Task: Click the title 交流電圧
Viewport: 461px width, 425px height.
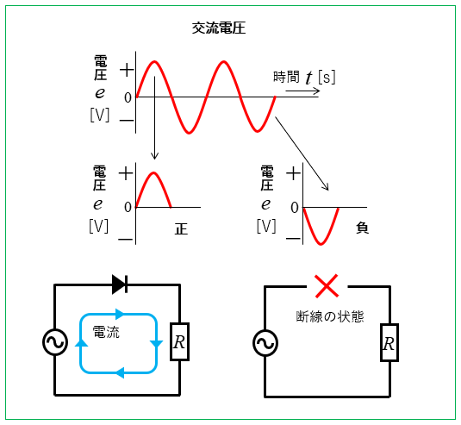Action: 219,28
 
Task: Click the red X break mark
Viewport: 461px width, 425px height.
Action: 327,286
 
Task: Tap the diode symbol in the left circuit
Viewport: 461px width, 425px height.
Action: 120,284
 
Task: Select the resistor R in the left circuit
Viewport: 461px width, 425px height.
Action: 179,341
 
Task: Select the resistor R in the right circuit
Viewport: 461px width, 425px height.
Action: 389,342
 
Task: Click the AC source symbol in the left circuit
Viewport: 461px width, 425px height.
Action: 55,342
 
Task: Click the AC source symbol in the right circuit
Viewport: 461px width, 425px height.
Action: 265,343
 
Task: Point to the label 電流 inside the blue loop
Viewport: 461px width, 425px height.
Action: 106,333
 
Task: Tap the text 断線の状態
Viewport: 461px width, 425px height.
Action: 330,316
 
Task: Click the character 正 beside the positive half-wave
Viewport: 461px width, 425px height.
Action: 181,228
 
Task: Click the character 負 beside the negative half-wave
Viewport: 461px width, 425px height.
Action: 362,228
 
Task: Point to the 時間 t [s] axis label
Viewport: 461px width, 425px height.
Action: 304,78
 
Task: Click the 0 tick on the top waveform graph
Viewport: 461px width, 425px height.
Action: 128,98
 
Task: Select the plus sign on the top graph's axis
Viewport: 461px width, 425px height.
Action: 127,71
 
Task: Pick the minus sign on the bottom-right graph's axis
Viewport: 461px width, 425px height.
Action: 293,238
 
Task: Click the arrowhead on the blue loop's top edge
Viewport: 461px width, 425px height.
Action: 121,314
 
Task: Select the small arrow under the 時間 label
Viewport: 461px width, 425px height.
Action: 302,91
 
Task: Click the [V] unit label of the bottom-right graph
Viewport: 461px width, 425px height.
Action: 266,226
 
